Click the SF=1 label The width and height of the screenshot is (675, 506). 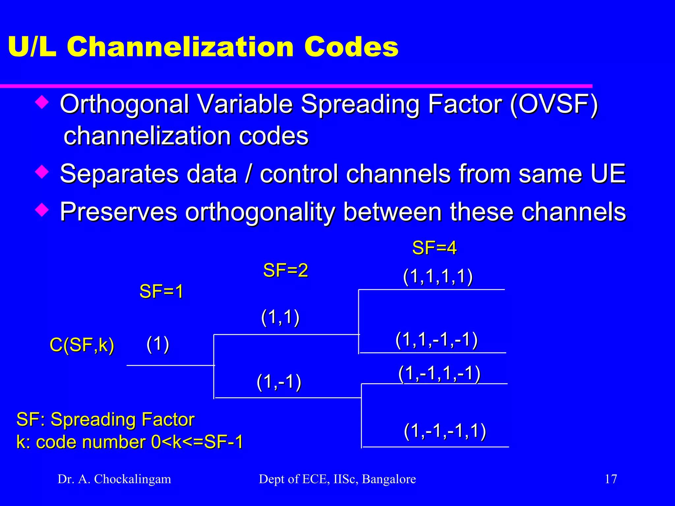[161, 292]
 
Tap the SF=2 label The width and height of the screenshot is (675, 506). [285, 270]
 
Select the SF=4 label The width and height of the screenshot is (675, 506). [434, 248]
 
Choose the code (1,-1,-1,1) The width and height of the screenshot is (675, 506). [445, 431]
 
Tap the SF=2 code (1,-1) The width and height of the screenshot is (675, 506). [279, 382]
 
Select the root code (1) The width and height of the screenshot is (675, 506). [158, 344]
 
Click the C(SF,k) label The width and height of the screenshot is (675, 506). [82, 345]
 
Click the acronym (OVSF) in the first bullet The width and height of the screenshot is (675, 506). [554, 104]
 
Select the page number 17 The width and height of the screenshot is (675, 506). [611, 479]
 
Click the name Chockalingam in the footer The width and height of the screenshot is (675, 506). [132, 479]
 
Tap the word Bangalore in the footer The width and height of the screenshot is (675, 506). [389, 479]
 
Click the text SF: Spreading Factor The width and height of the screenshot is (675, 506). [105, 420]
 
